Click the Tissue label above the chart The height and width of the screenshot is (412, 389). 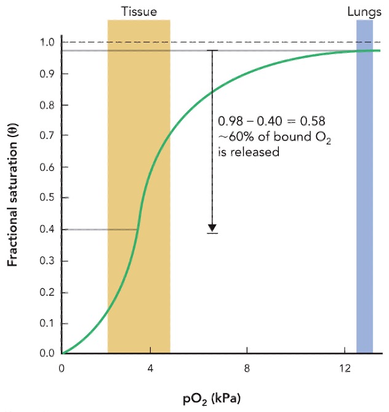(x=138, y=11)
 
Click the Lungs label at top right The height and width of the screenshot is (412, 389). (x=364, y=11)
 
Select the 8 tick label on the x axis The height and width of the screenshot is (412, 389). (x=247, y=368)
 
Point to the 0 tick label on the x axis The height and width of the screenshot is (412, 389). (x=62, y=368)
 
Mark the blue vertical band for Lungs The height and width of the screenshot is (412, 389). (x=364, y=184)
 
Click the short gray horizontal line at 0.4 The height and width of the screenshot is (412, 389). (x=98, y=229)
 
